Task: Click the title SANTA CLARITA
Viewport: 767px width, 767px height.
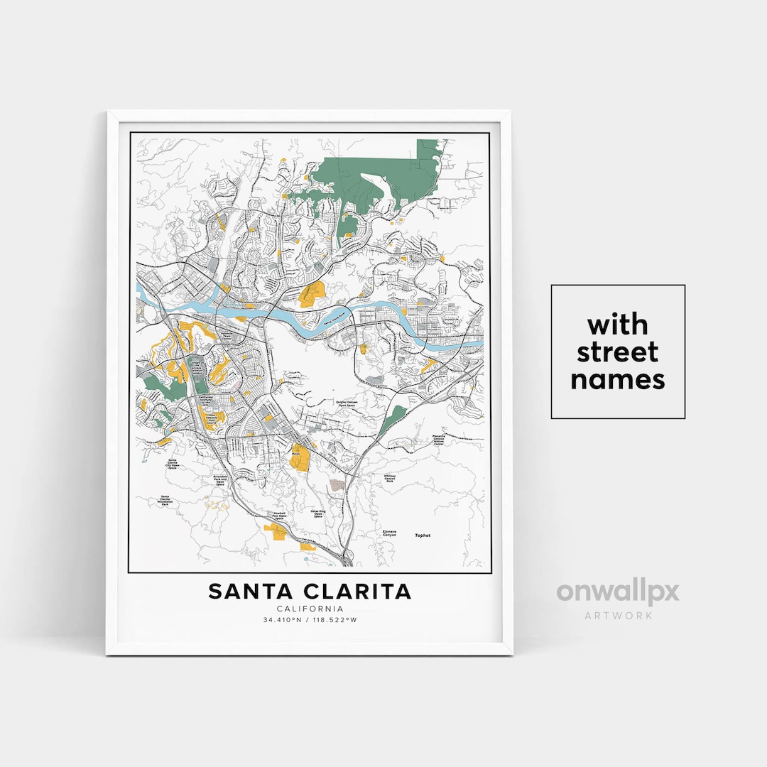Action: point(309,591)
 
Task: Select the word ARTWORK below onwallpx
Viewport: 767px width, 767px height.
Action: point(617,616)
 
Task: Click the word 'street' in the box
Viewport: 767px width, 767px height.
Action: point(617,352)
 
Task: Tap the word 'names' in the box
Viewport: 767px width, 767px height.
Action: point(617,380)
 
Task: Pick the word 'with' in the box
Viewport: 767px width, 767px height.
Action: point(617,325)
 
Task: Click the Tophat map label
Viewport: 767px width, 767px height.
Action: point(423,535)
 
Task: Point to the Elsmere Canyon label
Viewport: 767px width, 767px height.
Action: point(389,533)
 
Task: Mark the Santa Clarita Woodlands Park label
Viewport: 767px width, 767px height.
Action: point(166,500)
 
